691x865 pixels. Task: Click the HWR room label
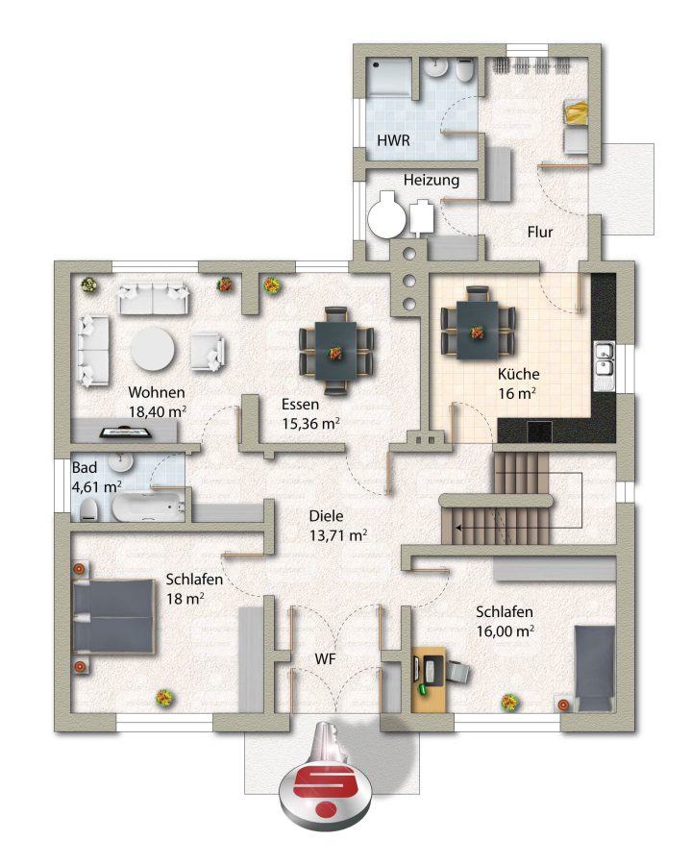coord(393,140)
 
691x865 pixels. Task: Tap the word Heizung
coord(432,181)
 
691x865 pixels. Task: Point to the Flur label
coord(540,232)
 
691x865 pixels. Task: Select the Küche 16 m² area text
coord(518,383)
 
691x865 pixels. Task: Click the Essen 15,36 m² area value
coord(310,423)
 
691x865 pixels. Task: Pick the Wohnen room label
coord(157,392)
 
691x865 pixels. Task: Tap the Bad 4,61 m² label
coord(96,477)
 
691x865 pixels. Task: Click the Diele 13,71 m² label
coord(338,526)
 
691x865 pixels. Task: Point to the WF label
coord(326,658)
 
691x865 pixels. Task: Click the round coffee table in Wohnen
coord(153,349)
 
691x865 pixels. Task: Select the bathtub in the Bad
coord(148,507)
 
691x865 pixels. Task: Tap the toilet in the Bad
coord(89,509)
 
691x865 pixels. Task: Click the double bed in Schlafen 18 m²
coord(113,616)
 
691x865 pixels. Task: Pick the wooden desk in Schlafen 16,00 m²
coord(429,680)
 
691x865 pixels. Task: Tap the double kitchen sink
coord(605,366)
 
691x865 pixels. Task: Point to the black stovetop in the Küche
coord(539,431)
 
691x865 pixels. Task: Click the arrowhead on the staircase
coord(458,528)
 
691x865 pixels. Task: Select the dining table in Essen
coord(335,351)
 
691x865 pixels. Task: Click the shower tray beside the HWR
coord(389,77)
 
